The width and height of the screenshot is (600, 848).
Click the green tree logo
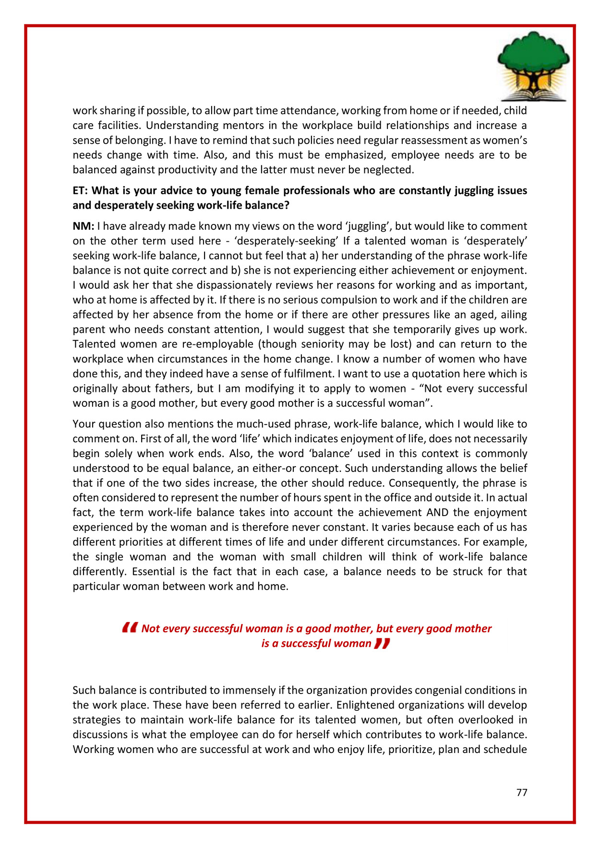(533, 55)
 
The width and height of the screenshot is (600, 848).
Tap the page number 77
(522, 792)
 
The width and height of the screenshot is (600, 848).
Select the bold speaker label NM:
(83, 226)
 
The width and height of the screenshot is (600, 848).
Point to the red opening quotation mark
(130, 627)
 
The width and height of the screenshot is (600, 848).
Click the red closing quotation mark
(382, 643)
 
